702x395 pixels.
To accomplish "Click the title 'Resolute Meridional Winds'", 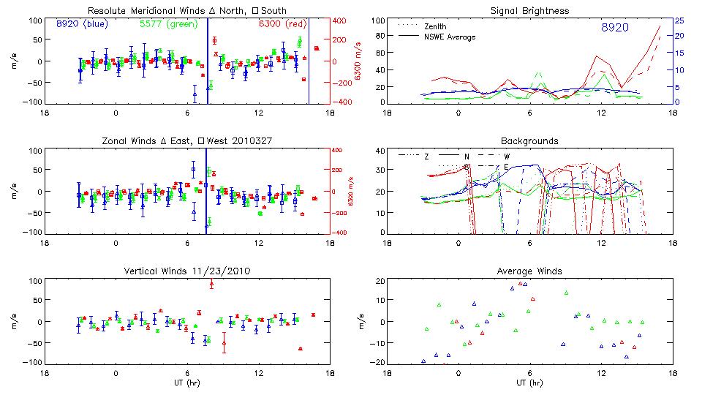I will [x=146, y=11].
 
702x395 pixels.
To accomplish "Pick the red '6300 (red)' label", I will [x=280, y=23].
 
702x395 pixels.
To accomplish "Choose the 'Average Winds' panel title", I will [x=532, y=271].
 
